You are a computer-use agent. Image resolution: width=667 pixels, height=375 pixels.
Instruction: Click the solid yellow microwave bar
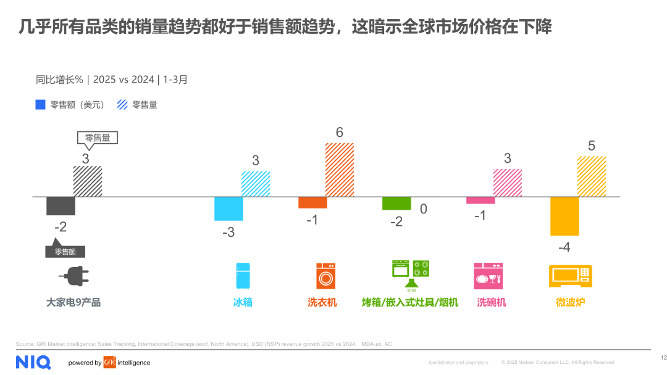click(564, 216)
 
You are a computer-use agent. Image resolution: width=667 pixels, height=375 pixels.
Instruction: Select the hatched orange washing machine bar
click(340, 170)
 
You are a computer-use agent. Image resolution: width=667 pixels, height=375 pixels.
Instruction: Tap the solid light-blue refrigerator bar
click(229, 208)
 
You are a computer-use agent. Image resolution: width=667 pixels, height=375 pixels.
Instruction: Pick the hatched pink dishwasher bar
click(508, 183)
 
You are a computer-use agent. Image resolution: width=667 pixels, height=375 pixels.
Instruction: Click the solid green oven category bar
click(396, 203)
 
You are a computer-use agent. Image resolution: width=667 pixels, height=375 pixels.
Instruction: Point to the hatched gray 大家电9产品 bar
click(88, 181)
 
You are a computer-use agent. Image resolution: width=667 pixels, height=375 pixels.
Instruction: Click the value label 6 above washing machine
click(339, 133)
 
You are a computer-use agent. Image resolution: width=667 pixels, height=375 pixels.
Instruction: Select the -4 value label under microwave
click(564, 247)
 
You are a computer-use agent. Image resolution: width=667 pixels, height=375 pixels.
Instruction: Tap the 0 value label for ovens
click(423, 209)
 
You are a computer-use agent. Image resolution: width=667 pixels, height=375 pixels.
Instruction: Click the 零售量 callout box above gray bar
click(97, 138)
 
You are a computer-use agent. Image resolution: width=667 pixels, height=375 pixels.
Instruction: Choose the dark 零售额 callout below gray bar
click(65, 251)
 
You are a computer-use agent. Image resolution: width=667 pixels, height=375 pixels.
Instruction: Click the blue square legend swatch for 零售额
click(40, 105)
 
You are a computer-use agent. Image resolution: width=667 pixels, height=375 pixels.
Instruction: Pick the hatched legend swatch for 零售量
click(122, 105)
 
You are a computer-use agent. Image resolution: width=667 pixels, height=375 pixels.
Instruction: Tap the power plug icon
click(73, 276)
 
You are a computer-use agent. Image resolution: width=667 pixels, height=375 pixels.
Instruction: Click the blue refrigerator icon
click(243, 276)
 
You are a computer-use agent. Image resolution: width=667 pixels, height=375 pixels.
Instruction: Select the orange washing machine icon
click(325, 276)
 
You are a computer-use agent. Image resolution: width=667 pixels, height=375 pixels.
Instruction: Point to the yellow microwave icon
click(570, 276)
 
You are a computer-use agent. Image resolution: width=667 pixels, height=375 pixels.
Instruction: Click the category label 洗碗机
click(492, 302)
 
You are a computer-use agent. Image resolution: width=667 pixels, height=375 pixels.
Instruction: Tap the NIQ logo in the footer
click(33, 362)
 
